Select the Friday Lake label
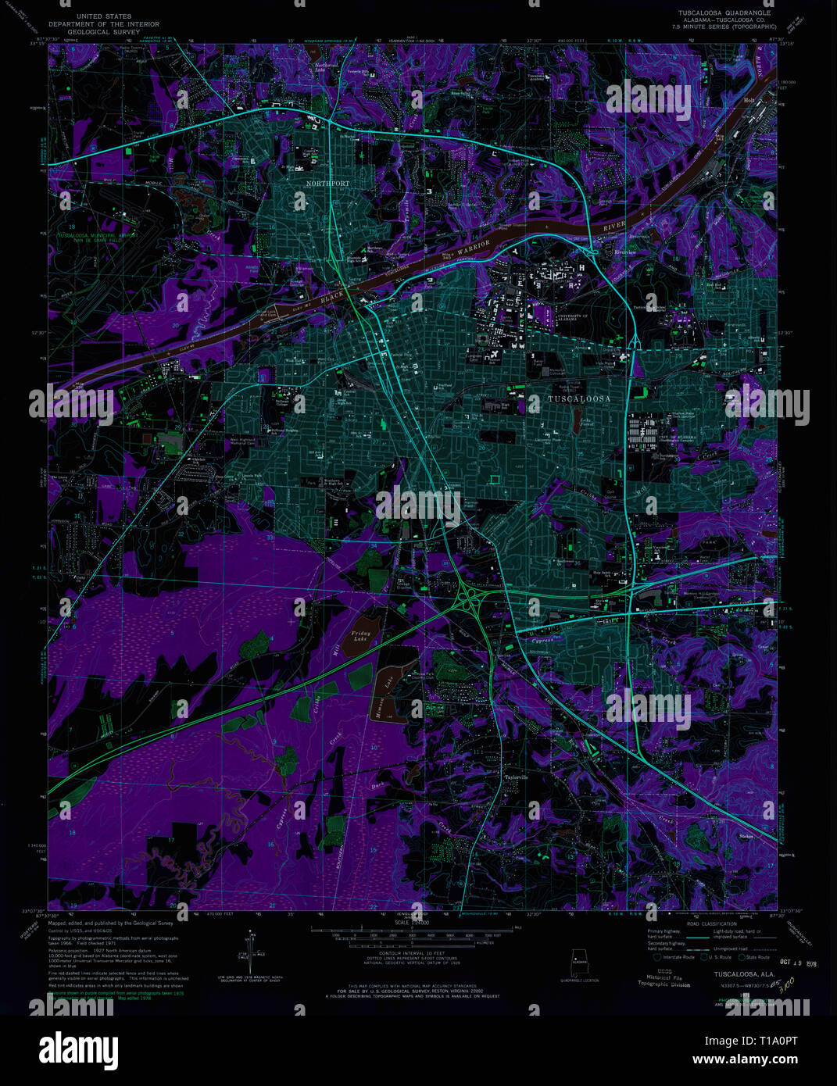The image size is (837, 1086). tap(360, 636)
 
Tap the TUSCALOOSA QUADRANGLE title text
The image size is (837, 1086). tap(724, 13)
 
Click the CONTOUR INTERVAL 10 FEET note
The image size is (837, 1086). tap(411, 954)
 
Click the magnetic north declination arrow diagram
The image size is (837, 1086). tap(252, 952)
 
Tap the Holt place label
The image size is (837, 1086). tap(749, 101)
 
